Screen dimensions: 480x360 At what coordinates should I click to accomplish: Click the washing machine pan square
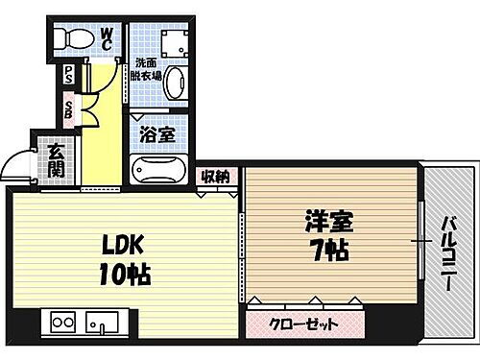176,41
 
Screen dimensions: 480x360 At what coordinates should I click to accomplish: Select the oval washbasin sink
177,84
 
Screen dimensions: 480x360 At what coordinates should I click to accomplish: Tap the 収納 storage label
215,176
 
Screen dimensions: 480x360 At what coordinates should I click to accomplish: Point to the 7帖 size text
329,254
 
